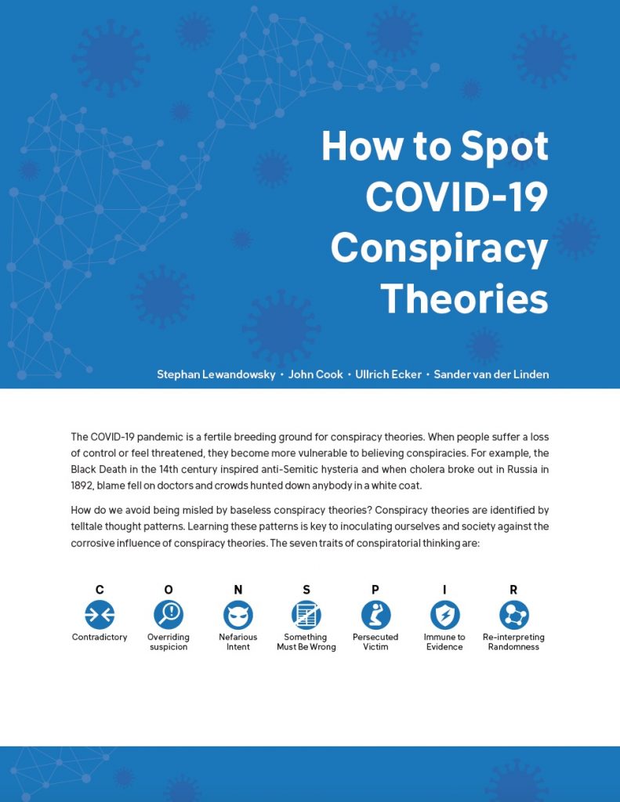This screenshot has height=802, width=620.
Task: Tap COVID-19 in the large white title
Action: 457,197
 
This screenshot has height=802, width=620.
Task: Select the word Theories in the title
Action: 464,298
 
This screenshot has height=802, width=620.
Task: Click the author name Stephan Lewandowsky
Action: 216,374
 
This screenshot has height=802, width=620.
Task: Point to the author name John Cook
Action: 315,374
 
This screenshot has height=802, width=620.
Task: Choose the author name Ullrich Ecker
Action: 388,374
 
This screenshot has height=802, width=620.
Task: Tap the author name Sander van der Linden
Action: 491,374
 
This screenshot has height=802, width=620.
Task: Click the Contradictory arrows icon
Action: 100,614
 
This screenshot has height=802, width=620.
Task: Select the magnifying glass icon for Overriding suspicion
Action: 169,614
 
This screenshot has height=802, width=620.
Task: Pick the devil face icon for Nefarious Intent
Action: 238,614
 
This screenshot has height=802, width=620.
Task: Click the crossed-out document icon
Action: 306,614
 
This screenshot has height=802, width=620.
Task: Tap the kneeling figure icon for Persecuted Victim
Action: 375,614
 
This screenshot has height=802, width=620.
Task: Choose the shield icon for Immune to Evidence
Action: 444,614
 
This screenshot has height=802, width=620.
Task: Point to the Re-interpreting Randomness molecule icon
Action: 513,614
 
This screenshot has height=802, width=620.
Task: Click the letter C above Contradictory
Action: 100,590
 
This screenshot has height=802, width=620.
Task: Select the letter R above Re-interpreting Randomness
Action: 513,590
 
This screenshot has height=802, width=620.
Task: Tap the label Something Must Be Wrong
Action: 306,642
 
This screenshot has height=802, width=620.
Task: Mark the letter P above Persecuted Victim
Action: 375,590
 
